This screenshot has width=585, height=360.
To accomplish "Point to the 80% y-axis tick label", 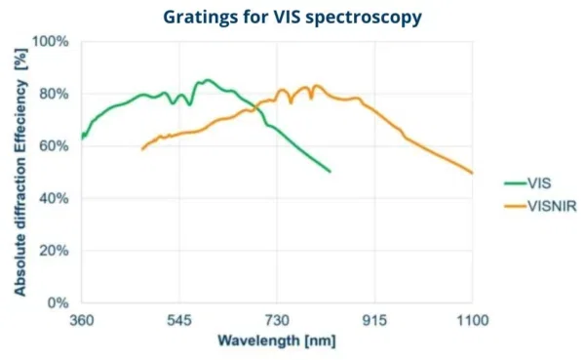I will [53, 95].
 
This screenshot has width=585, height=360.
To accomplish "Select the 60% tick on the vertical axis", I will [53, 146].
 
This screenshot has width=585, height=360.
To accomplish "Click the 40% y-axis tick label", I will [53, 199].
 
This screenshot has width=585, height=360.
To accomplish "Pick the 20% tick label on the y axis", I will [53, 251].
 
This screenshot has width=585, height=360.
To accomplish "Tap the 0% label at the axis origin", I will [57, 303].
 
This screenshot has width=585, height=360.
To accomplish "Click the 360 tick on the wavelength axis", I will [81, 320].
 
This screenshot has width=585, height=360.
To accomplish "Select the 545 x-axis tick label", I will [179, 320].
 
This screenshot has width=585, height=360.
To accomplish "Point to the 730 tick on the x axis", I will [277, 320].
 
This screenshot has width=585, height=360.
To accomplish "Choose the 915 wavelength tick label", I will [375, 320].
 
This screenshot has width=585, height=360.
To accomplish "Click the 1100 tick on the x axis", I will [472, 320].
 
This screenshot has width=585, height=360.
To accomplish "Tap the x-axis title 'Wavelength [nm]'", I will [277, 341].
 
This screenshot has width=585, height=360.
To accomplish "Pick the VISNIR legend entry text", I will [551, 205].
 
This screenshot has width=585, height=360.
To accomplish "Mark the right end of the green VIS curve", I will [331, 172].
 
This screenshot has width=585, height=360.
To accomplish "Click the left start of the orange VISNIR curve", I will [142, 149].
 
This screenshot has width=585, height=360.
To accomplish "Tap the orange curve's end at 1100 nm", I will [472, 173].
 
